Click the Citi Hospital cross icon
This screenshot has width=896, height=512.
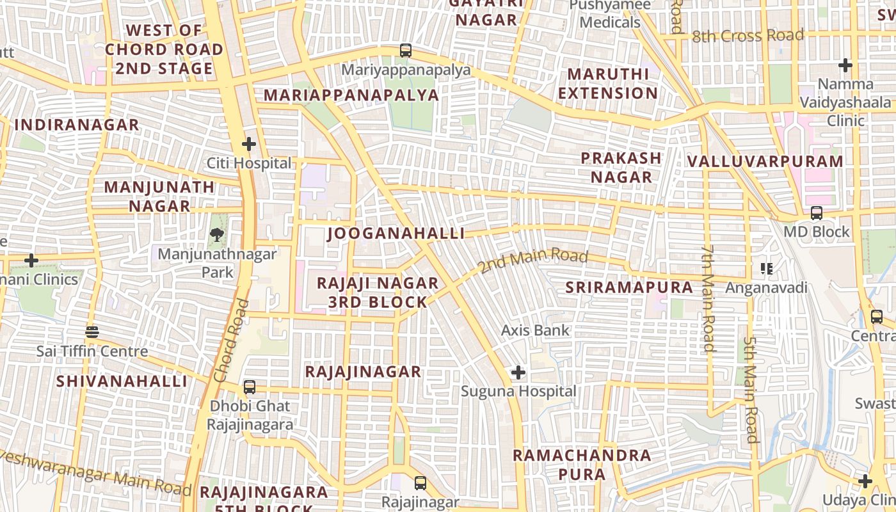(x=249, y=144)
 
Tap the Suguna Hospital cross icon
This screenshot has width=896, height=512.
(x=518, y=372)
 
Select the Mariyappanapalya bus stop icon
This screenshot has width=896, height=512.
(x=405, y=51)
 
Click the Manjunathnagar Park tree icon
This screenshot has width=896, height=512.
(x=217, y=235)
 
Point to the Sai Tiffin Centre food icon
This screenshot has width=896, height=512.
(x=92, y=332)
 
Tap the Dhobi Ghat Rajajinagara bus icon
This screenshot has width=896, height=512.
(x=250, y=387)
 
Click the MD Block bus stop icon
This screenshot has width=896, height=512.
(x=817, y=213)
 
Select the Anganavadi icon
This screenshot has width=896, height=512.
(x=766, y=269)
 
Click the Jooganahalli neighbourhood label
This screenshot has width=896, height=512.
(x=396, y=234)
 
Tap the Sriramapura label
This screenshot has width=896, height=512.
(x=629, y=288)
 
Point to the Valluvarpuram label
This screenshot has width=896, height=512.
(x=765, y=161)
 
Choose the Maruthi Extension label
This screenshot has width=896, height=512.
(x=608, y=84)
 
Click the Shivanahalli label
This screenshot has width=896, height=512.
(x=122, y=381)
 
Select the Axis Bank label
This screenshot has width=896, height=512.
(x=535, y=331)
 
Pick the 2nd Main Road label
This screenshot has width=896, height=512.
(x=533, y=260)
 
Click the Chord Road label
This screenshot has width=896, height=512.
(x=232, y=340)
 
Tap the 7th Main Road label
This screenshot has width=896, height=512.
(x=707, y=298)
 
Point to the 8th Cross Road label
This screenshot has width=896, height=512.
(x=748, y=36)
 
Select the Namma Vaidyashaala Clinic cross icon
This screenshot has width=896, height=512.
(x=845, y=65)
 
